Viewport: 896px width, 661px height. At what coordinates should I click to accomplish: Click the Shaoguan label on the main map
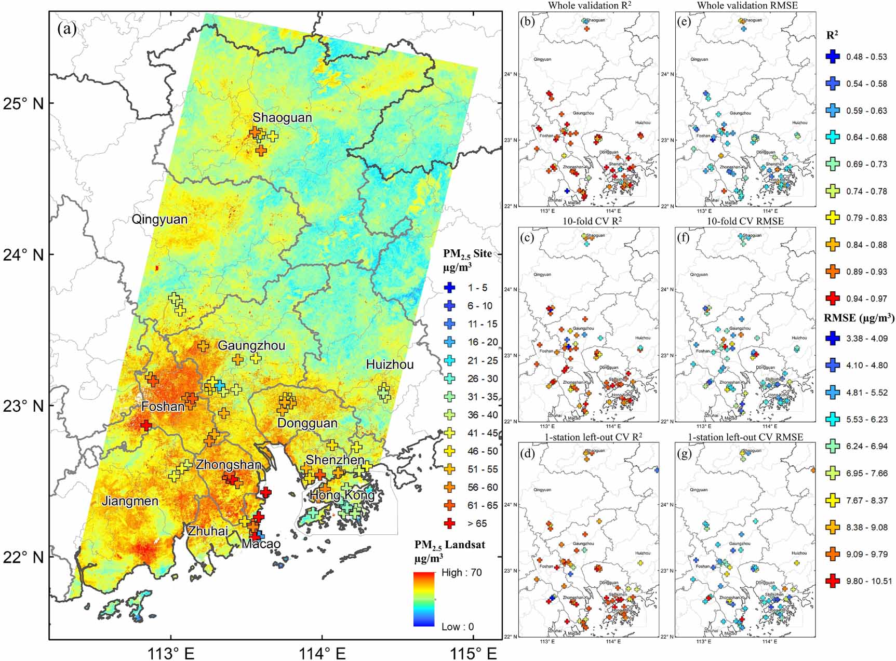[x=282, y=118]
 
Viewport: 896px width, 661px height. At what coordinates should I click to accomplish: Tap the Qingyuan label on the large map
[x=159, y=219]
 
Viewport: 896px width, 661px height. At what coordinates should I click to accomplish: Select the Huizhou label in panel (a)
[x=390, y=365]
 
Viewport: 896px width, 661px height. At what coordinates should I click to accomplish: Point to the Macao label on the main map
[x=261, y=544]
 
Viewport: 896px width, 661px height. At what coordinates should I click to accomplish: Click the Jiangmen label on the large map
[x=130, y=501]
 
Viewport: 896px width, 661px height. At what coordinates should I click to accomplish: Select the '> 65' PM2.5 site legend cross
[x=450, y=523]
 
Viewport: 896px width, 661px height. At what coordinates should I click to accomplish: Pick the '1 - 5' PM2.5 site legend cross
[x=450, y=287]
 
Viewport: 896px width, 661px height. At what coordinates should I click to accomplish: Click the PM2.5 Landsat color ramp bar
[x=424, y=599]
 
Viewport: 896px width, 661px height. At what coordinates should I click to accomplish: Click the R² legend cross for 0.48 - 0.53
[x=833, y=57]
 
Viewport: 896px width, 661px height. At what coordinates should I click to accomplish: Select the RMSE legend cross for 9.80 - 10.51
[x=833, y=581]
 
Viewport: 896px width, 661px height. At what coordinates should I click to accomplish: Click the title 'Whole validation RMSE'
[x=747, y=6]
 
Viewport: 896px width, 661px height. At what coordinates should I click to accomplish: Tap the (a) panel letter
[x=67, y=29]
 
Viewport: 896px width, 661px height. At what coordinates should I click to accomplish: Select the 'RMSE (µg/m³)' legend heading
[x=858, y=318]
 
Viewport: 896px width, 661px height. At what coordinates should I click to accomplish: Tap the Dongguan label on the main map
[x=307, y=423]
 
